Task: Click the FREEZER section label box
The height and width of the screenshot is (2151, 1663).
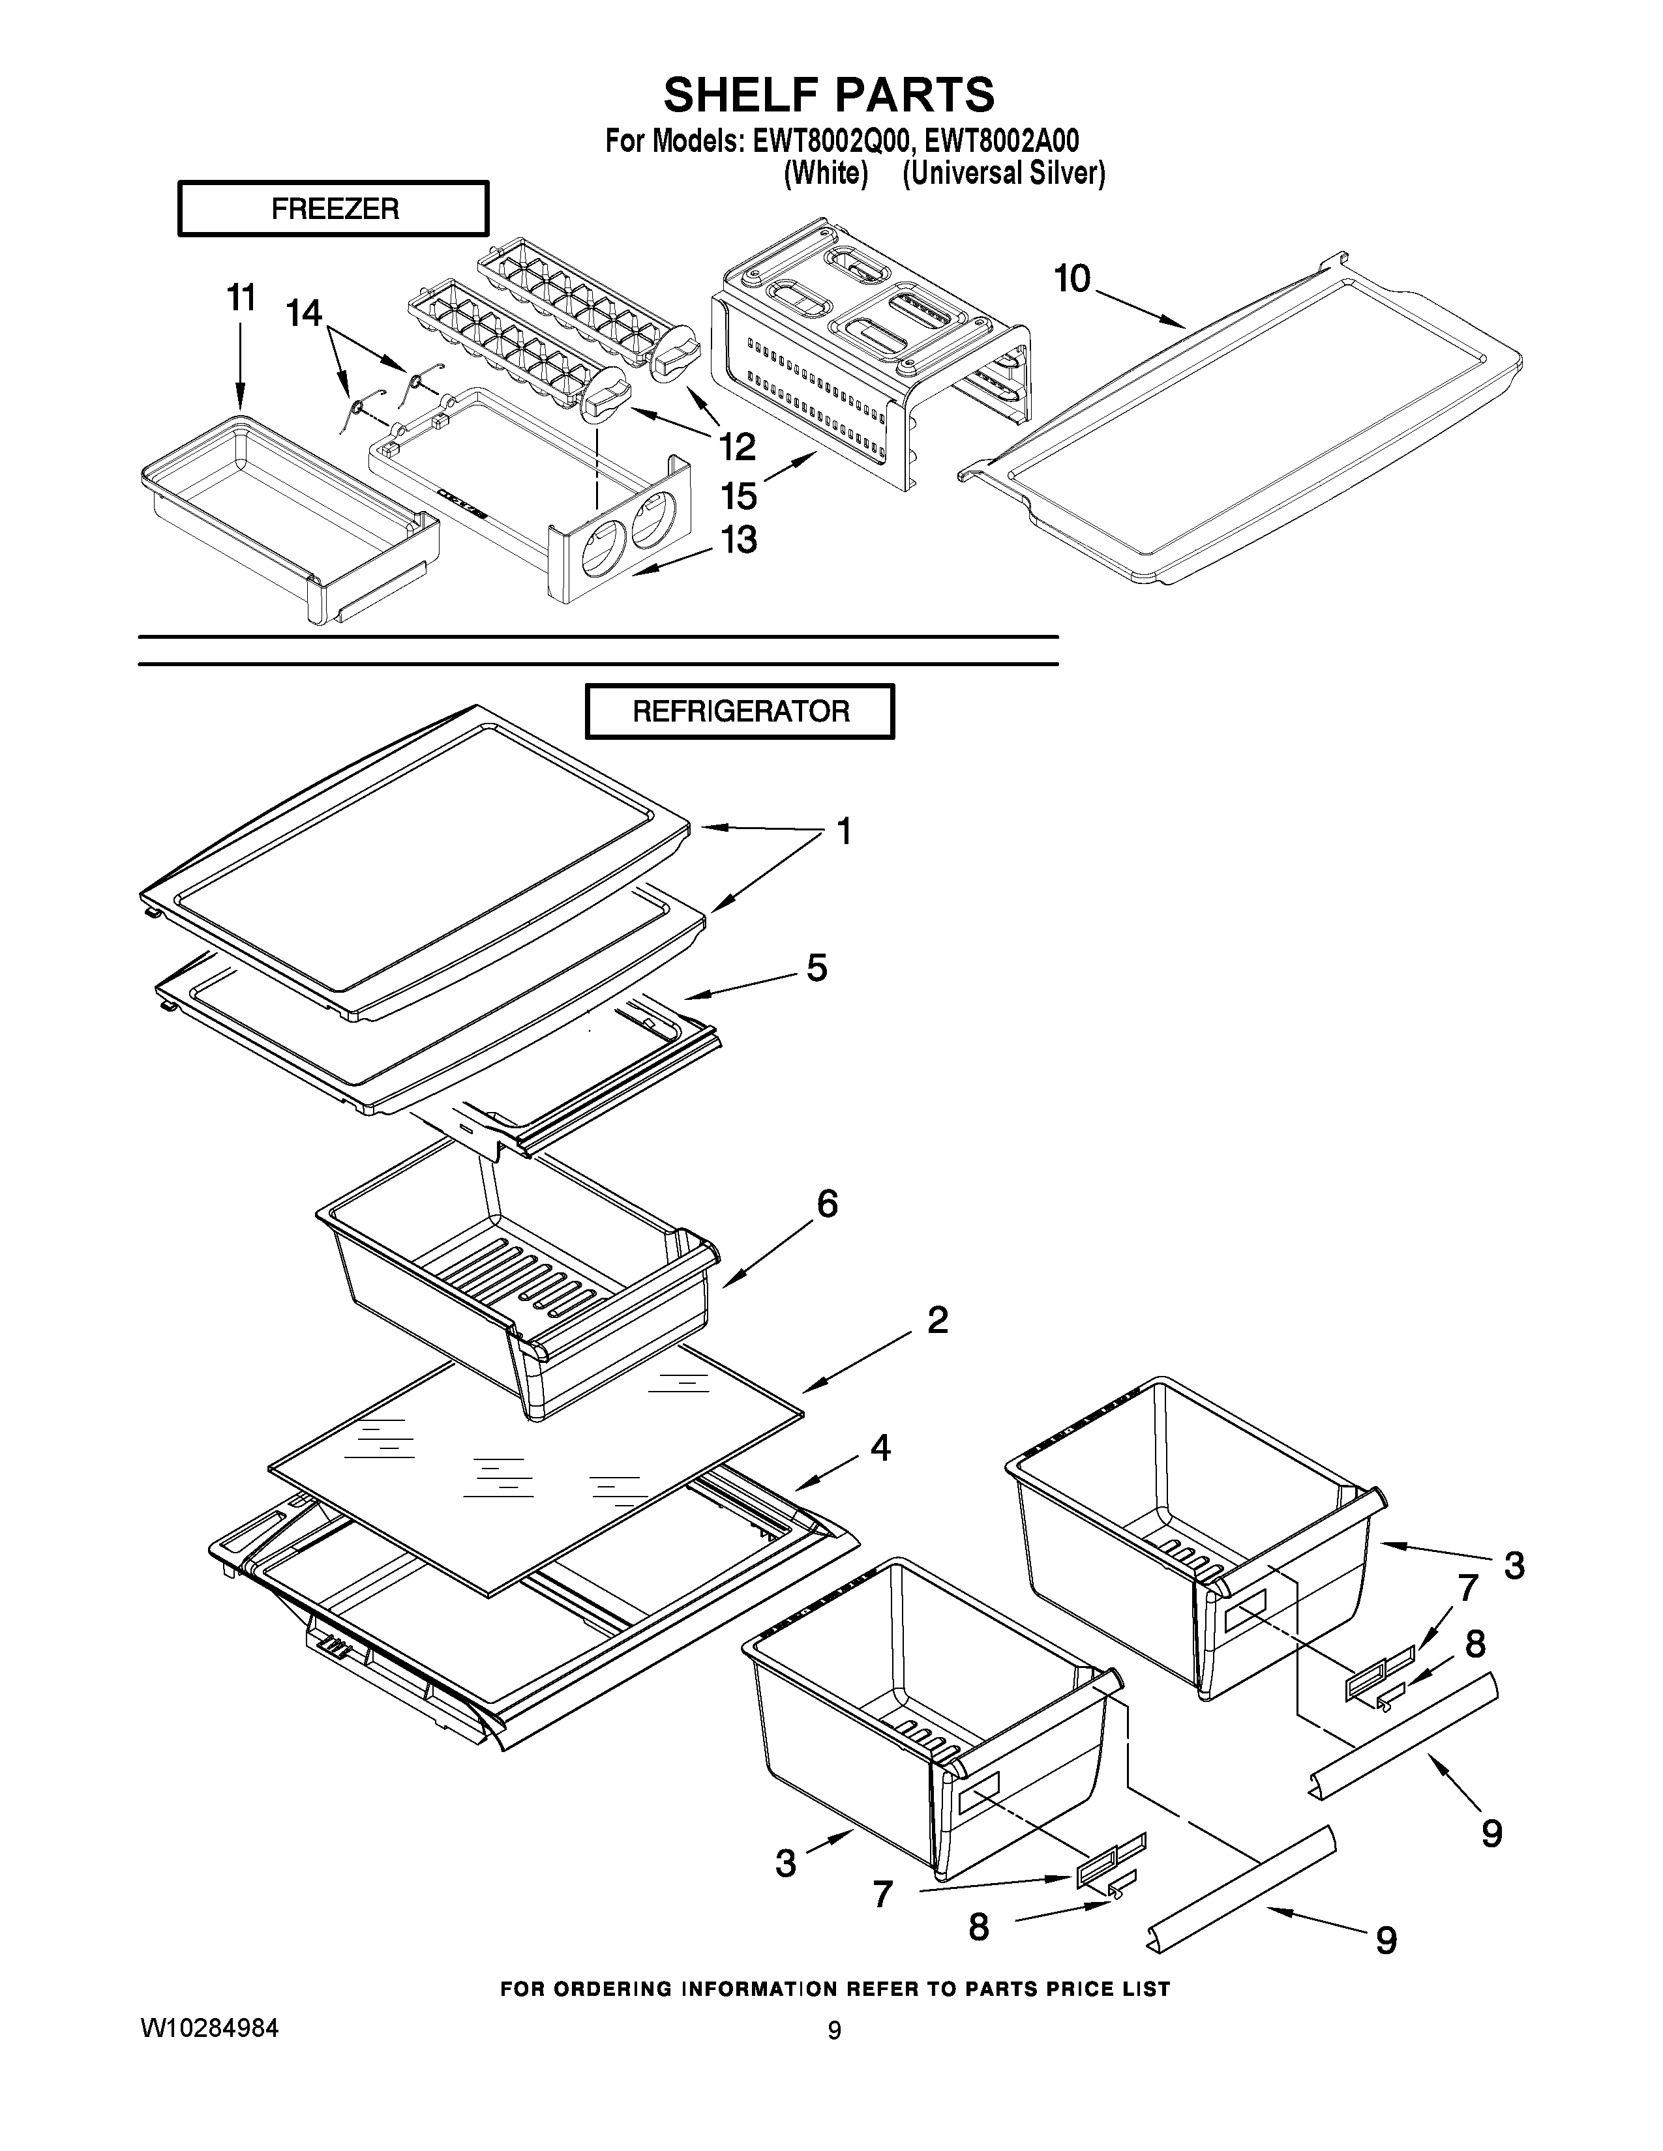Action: point(333,209)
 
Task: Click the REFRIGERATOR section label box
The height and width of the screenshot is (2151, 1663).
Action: point(740,711)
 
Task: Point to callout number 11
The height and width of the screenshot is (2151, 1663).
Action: point(241,297)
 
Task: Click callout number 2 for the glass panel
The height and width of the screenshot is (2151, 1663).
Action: point(937,1320)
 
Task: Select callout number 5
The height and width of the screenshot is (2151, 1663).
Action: point(817,967)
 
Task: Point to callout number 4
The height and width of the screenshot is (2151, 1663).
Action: point(880,1447)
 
